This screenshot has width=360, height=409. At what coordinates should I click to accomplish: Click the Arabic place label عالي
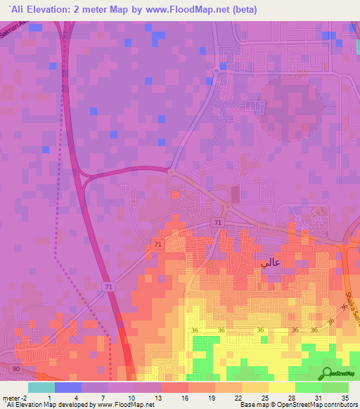pos(271,263)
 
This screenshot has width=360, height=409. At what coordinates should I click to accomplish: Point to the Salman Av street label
pos(17,30)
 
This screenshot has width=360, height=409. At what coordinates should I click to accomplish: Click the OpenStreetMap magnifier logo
pos(326,374)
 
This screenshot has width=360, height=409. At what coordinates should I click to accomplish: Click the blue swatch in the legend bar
pos(67,387)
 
